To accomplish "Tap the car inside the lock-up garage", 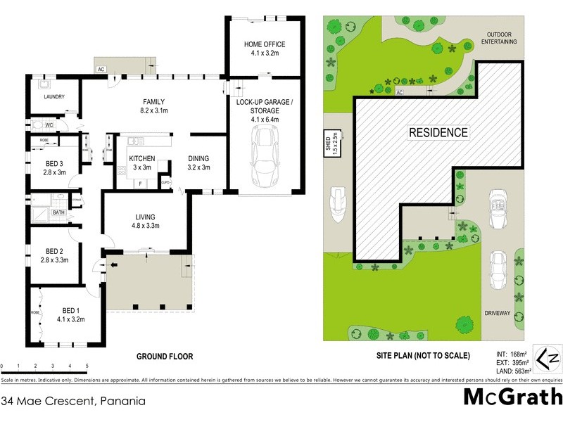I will click(265, 160).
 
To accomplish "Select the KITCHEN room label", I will click(141, 158).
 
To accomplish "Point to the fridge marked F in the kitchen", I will click(140, 184).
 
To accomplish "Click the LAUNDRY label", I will click(54, 96).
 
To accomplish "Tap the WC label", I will click(49, 125).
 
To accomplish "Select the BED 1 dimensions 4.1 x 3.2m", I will click(70, 319).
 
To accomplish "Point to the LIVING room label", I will click(146, 217).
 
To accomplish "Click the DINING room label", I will click(198, 158).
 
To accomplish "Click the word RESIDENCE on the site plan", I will click(438, 132).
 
